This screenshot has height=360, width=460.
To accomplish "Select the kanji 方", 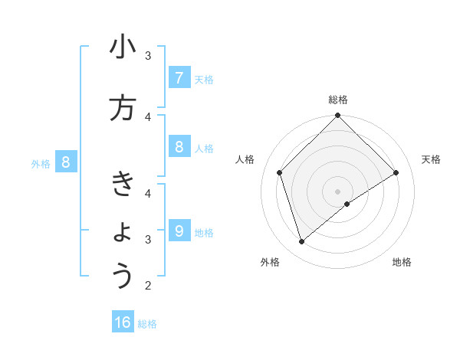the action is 123,108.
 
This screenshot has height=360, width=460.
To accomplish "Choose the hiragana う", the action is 123,276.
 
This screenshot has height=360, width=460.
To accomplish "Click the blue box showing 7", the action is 179,78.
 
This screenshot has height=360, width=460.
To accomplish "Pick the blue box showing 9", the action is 179,231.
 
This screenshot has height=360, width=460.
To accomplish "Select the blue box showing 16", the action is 123,322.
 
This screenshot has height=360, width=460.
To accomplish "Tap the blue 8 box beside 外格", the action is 66,162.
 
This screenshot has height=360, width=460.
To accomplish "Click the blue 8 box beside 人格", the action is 179,147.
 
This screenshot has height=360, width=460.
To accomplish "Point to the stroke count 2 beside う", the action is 148,286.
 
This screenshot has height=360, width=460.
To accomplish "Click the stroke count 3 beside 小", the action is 148,56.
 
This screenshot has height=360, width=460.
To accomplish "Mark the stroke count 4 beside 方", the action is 148,116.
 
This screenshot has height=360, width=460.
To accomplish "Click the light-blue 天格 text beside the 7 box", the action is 204,79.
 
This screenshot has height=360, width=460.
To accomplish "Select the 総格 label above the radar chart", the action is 338,100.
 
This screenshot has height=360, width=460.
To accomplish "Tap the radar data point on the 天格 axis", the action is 396,172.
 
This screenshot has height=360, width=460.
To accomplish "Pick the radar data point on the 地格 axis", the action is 347,204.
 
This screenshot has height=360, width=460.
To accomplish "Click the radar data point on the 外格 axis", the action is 302,241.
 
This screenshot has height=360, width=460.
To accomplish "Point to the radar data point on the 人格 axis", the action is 280,172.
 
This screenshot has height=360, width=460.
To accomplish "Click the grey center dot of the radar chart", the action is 338,191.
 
